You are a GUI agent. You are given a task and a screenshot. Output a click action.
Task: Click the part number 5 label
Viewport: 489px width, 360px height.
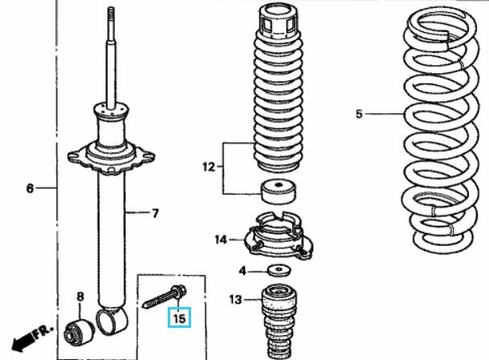click(359, 114)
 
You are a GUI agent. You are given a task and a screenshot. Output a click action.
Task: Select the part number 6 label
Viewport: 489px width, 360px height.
click(30, 188)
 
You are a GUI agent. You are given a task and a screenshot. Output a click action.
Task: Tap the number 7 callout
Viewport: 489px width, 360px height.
click(155, 213)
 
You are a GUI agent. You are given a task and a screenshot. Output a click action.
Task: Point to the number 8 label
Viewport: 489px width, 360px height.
click(80, 297)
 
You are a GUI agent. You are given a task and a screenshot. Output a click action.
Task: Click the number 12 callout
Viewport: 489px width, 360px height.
click(209, 167)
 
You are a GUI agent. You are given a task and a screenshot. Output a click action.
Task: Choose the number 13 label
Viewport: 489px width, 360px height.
click(235, 300)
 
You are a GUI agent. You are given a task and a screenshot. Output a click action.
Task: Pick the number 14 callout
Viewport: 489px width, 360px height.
click(221, 239)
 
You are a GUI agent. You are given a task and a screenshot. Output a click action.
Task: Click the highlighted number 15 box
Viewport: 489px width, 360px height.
click(179, 317)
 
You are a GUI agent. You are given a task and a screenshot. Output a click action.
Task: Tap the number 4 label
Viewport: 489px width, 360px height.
click(242, 271)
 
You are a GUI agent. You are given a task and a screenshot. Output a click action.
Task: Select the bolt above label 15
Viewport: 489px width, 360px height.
click(165, 296)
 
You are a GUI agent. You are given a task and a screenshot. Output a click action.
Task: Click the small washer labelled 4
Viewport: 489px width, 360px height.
click(279, 270)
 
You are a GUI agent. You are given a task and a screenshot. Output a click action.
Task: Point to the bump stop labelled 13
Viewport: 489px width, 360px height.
click(279, 321)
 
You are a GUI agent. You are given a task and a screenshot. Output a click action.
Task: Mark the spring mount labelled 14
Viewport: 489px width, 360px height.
click(278, 235)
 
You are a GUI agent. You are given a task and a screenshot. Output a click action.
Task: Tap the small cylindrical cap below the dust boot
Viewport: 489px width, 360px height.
click(278, 191)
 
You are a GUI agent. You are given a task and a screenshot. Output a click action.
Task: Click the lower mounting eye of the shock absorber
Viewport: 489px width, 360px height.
click(113, 321)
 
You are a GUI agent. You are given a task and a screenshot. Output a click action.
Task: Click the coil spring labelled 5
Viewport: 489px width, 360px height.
click(440, 129)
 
